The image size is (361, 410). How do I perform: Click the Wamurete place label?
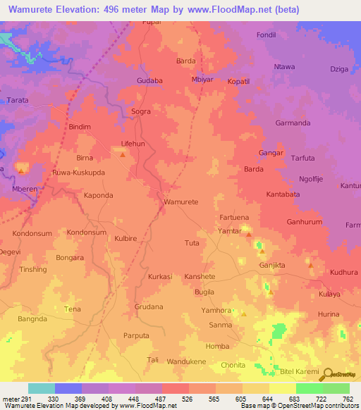(x=180, y=201)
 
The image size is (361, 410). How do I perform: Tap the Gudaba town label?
(x=149, y=80)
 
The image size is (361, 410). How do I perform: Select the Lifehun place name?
(x=133, y=143)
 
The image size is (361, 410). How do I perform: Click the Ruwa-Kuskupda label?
(x=78, y=172)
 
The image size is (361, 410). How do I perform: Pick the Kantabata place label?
(x=283, y=193)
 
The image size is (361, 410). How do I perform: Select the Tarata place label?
(x=18, y=101)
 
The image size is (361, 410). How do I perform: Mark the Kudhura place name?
(x=343, y=272)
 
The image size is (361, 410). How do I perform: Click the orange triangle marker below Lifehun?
(x=123, y=154)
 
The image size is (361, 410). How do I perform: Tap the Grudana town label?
(x=149, y=306)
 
